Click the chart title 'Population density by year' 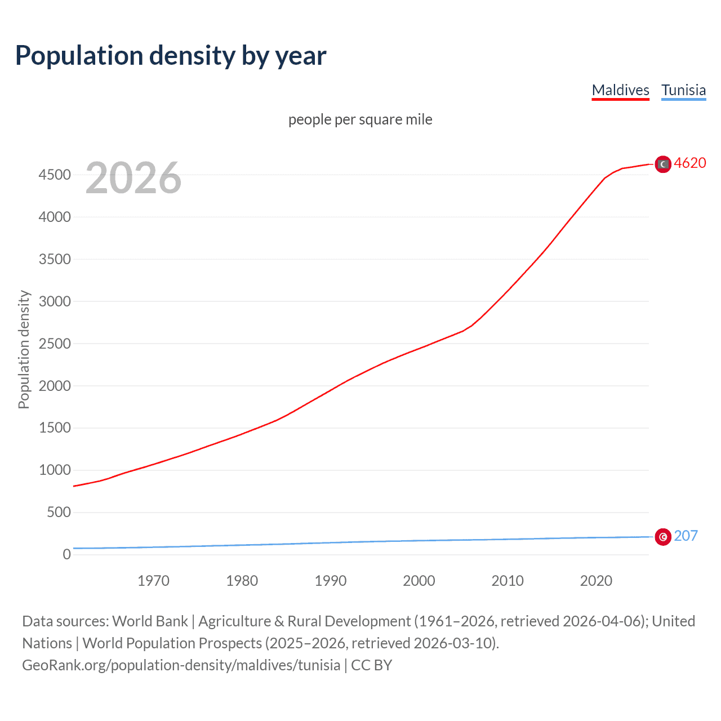point(171,56)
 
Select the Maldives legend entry point(620,90)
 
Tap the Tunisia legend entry point(683,90)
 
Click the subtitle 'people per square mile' point(360,119)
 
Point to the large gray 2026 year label point(133,178)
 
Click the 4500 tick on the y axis point(55,175)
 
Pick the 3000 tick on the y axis point(55,301)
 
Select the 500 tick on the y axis point(59,512)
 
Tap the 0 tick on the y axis point(67,554)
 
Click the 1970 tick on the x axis point(153,581)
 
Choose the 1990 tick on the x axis point(331,581)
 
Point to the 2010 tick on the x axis point(508,581)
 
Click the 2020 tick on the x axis point(596,581)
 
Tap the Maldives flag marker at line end point(663,164)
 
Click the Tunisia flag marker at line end point(663,537)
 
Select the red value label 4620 point(690,163)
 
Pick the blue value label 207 point(686,536)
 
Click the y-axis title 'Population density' point(24,349)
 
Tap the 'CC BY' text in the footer point(371,665)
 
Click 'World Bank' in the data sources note point(150,621)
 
